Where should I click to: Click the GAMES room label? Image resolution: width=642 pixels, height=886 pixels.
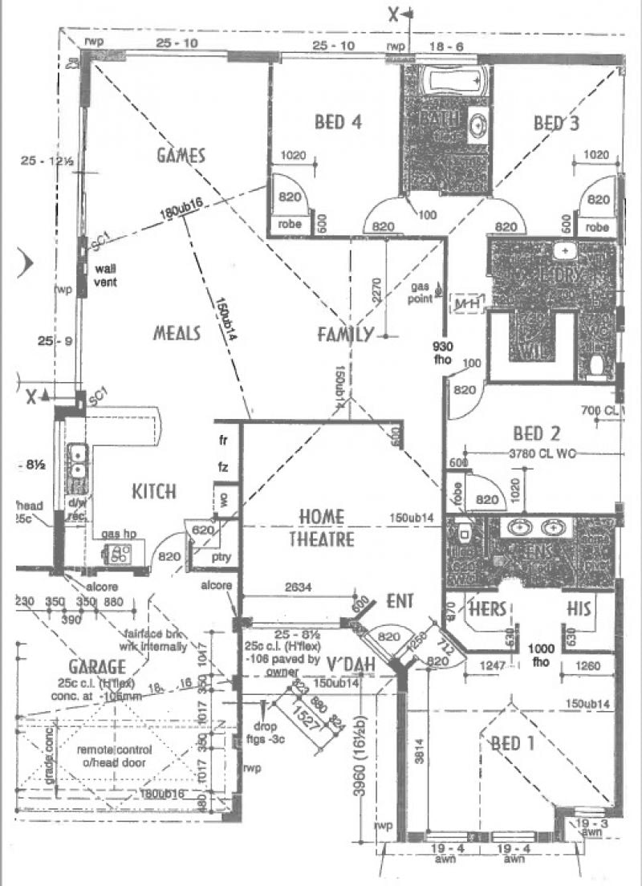click(x=181, y=156)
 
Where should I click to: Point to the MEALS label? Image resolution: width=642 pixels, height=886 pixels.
click(x=177, y=333)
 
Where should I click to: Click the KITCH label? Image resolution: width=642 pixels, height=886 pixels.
click(x=154, y=490)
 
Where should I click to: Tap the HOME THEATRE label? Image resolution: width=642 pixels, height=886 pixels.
click(x=322, y=527)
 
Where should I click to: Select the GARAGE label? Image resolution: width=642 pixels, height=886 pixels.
click(x=96, y=667)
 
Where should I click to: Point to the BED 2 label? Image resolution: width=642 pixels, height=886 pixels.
click(x=536, y=434)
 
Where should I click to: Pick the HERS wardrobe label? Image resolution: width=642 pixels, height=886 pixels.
click(x=487, y=609)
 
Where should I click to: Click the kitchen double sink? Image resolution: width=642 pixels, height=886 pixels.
click(x=78, y=469)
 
